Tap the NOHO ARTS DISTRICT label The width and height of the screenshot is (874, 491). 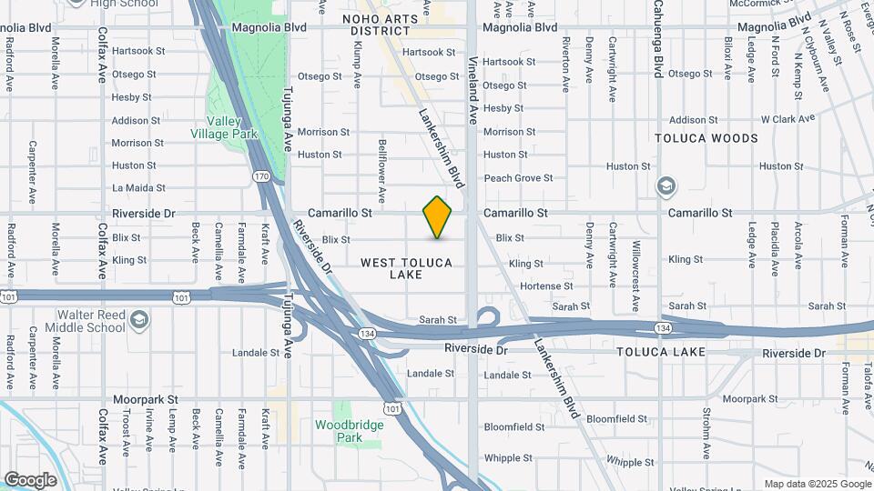pos(376,25)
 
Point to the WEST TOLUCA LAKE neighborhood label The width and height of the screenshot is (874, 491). pos(406,268)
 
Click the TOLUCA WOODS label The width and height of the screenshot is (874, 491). pos(706,138)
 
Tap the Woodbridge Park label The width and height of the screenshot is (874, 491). pos(339,431)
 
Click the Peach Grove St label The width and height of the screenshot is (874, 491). pos(518,178)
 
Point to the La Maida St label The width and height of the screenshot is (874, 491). pos(138,188)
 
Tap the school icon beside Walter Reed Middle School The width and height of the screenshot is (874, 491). pos(138,321)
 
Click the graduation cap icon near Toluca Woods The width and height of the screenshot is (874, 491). pos(666,186)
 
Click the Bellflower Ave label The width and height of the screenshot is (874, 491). pos(382,169)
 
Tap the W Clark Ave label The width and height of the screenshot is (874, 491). pos(788,119)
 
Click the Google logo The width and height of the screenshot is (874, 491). pos(29,480)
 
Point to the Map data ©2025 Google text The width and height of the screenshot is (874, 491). pos(817,484)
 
